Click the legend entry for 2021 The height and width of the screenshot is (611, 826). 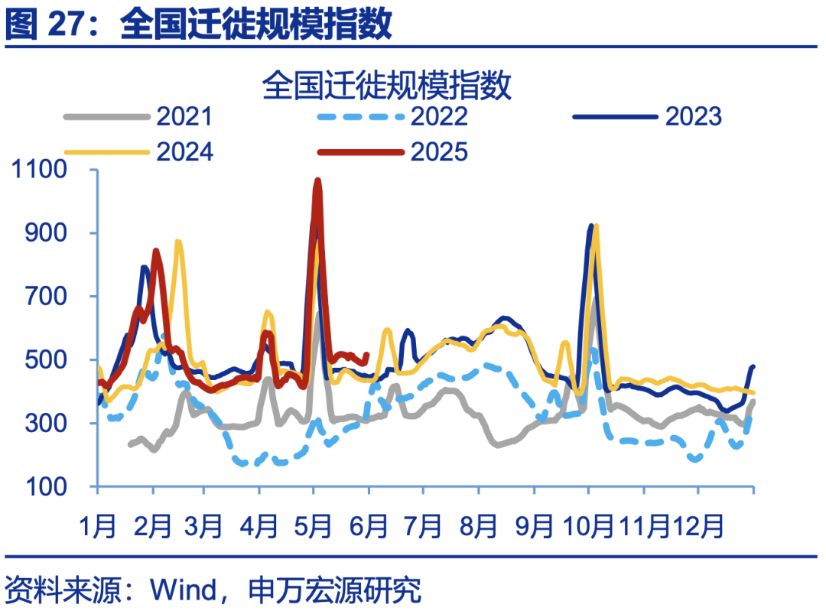(x=184, y=116)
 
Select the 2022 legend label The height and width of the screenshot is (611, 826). (x=439, y=116)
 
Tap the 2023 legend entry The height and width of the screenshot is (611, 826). (x=693, y=116)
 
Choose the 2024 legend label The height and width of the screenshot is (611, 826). (x=184, y=151)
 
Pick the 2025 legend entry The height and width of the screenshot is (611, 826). (x=439, y=151)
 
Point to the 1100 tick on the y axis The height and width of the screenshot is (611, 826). (x=47, y=170)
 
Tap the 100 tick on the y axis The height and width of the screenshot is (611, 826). (x=55, y=487)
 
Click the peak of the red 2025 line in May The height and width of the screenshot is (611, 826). (x=317, y=181)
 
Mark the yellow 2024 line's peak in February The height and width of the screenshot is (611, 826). (x=178, y=242)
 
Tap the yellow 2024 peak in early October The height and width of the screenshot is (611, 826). (x=596, y=226)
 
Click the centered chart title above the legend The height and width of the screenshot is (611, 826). (x=386, y=86)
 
